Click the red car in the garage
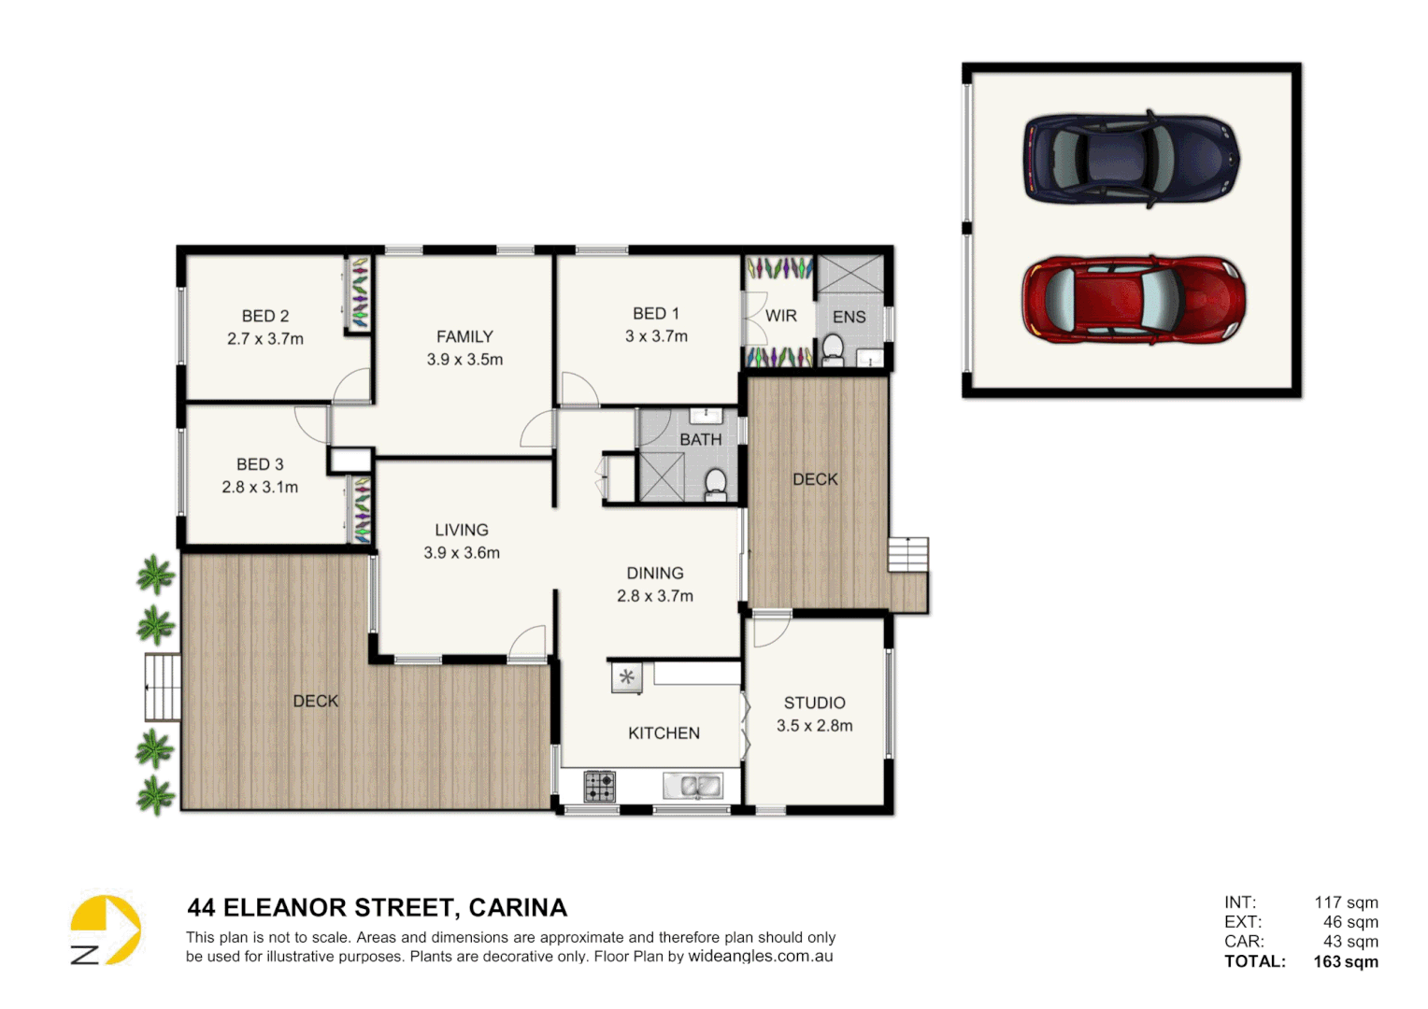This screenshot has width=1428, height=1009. click(1133, 301)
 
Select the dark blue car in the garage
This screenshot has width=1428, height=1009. click(1131, 159)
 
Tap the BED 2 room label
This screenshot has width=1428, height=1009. click(265, 317)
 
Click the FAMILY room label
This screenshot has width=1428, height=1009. click(464, 337)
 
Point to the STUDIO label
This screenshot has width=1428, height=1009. click(814, 703)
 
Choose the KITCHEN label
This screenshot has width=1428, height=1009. click(664, 733)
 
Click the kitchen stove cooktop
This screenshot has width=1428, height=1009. click(599, 787)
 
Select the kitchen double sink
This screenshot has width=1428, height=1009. click(693, 787)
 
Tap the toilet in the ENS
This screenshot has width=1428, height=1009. click(832, 351)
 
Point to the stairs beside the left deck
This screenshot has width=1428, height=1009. click(162, 688)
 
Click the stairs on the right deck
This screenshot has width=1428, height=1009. click(907, 554)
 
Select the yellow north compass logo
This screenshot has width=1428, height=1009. click(106, 930)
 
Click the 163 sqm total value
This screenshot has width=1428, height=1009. click(1345, 961)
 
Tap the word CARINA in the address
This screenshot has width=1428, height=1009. click(518, 908)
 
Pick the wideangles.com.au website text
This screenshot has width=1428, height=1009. click(760, 957)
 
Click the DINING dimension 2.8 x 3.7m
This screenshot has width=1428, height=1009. click(655, 596)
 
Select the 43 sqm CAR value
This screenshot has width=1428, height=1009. click(1349, 942)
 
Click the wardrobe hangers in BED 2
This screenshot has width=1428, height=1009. click(359, 293)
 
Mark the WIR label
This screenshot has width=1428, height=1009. click(780, 317)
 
